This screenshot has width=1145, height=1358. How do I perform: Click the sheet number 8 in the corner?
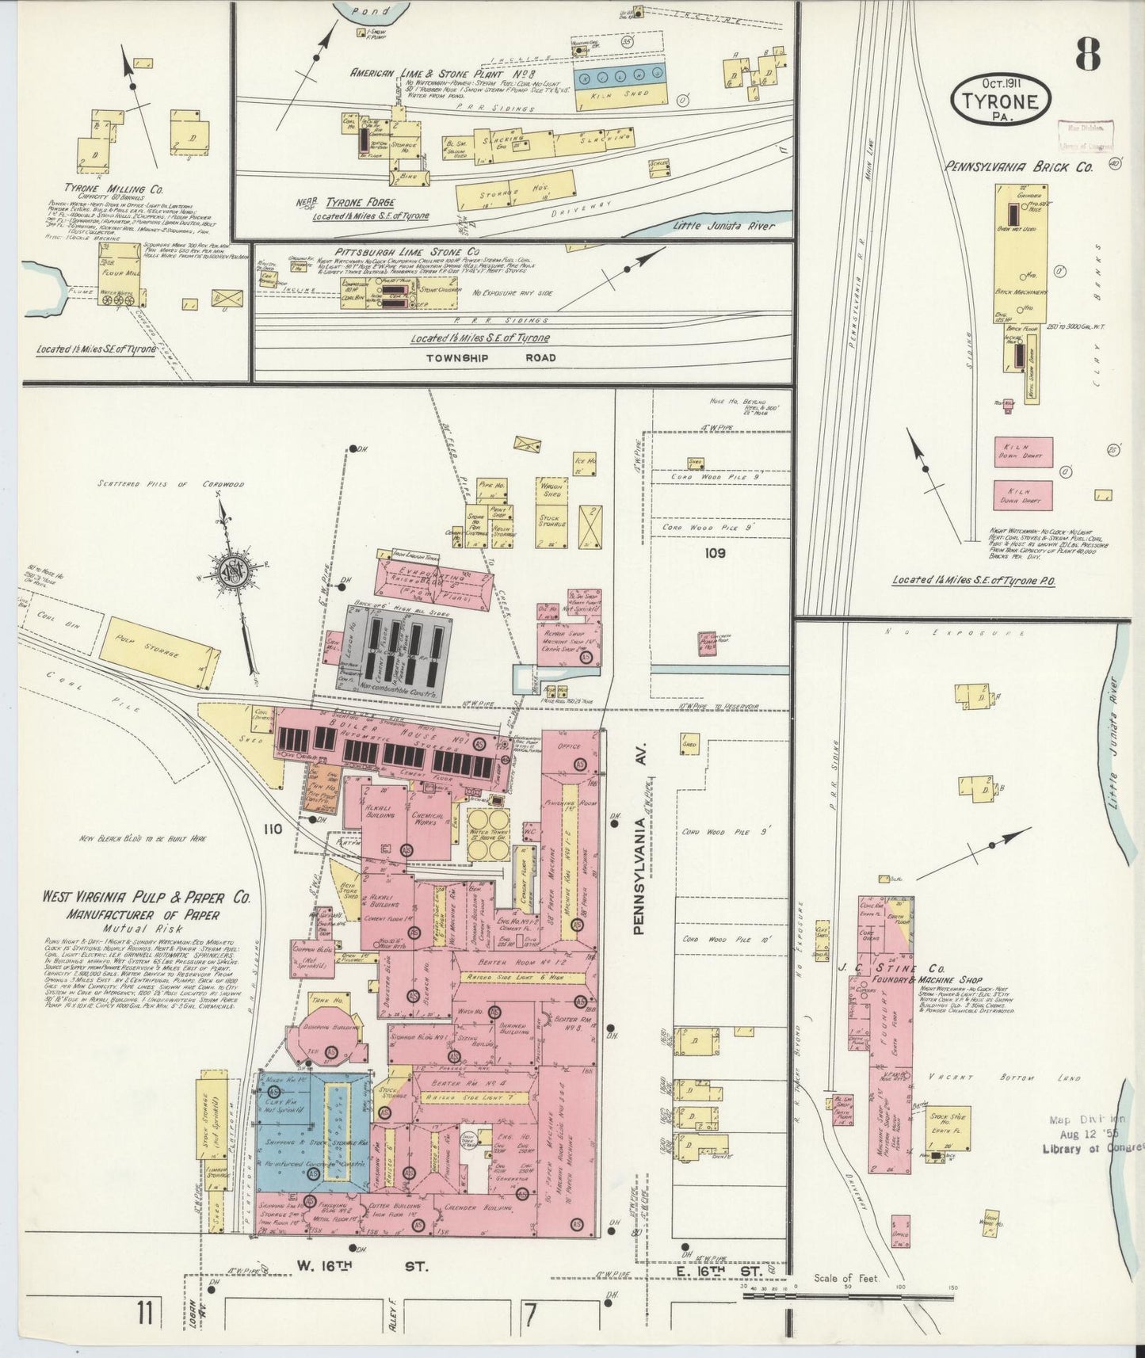(1087, 54)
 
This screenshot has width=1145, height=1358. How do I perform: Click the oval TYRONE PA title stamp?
(1002, 100)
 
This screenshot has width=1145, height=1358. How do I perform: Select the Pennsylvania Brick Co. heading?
(1018, 167)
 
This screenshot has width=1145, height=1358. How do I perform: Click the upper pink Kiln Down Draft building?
(1023, 452)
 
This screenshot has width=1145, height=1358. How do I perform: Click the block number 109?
(715, 553)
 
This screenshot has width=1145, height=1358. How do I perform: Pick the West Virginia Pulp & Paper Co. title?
(147, 898)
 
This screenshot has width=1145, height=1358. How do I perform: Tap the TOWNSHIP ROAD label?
(490, 357)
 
